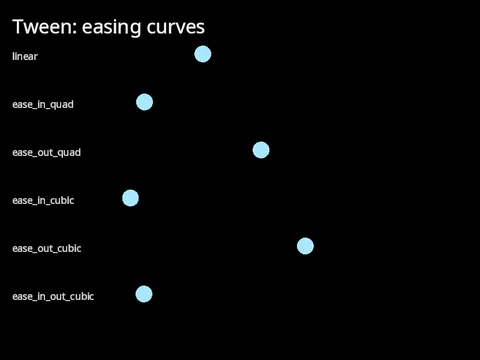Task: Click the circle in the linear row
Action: coord(203,54)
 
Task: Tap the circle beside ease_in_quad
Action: coord(144,102)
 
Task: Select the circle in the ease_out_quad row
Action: coord(261,150)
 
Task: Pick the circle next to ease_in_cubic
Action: coord(130,198)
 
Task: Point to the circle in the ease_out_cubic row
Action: coord(305,246)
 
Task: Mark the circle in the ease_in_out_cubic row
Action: coord(144,294)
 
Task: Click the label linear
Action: coord(25,56)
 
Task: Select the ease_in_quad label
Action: coord(43,105)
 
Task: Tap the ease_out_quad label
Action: coord(46,153)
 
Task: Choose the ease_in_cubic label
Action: coord(43,200)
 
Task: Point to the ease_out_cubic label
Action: coord(47,248)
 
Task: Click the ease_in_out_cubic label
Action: coord(53,296)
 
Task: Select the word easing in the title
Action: coord(112,28)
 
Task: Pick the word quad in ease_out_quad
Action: coord(69,153)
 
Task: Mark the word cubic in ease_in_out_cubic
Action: coord(82,296)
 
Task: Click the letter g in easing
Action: coord(134,30)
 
